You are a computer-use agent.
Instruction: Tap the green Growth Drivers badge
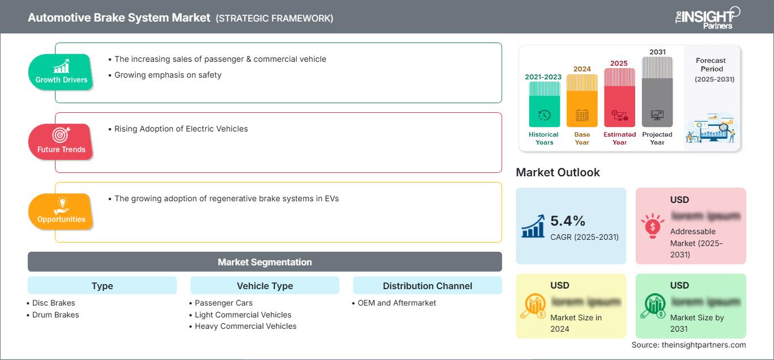(61, 71)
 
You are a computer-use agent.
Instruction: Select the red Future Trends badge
(61, 141)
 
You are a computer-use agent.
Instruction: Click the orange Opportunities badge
(61, 211)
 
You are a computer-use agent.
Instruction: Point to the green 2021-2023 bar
(544, 105)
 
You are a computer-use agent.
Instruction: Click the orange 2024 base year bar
(582, 101)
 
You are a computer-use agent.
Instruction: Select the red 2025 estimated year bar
(619, 98)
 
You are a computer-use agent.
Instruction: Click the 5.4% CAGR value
(568, 221)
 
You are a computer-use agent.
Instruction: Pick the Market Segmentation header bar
(265, 262)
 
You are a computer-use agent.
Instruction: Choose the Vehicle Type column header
(265, 286)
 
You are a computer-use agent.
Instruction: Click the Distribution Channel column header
(427, 286)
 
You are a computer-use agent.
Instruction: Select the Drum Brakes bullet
(56, 315)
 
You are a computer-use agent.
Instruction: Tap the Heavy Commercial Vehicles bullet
(245, 326)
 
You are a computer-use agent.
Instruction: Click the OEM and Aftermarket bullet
(397, 303)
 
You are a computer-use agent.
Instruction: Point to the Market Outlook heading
(558, 172)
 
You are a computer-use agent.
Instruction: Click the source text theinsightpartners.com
(688, 345)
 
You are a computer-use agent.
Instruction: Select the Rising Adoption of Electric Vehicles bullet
(181, 129)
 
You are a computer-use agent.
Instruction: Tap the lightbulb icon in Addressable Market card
(653, 225)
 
